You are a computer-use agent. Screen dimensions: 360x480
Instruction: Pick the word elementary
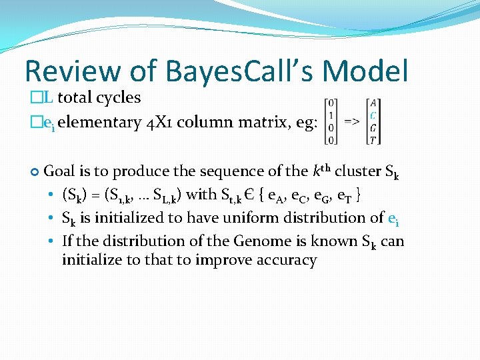(x=99, y=123)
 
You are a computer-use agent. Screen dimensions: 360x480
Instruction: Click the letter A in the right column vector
(x=373, y=103)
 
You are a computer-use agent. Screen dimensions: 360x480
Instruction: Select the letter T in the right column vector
(x=373, y=140)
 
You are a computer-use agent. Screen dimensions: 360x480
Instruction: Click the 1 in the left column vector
(x=331, y=115)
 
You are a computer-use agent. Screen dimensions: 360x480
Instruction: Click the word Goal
(x=59, y=171)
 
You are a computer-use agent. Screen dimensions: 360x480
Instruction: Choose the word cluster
(x=359, y=171)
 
